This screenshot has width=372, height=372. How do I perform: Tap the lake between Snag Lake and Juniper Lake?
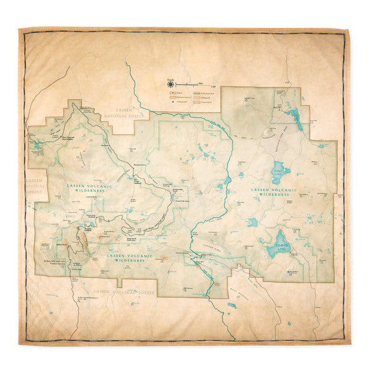[x=253, y=221]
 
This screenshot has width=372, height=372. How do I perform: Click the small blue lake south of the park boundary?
[x=231, y=305]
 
